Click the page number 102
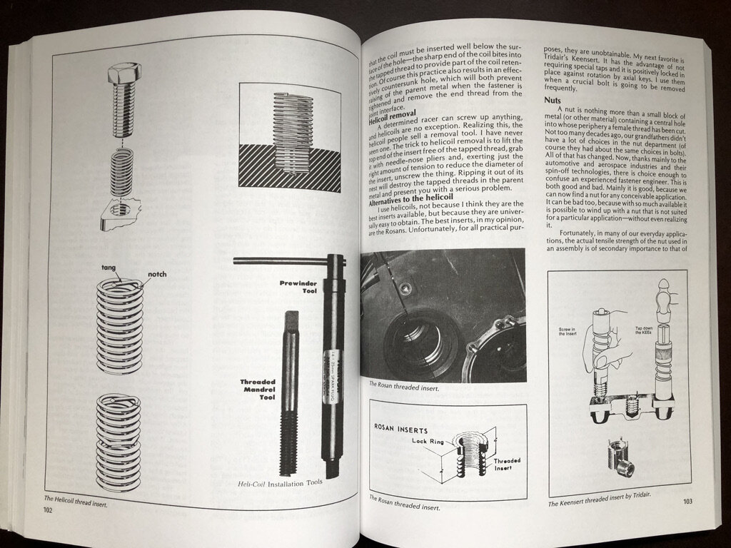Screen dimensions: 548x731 pos(47,509)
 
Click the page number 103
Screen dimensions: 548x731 pos(687,502)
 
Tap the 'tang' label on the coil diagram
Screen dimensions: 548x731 pos(109,268)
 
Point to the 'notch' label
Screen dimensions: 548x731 pos(157,275)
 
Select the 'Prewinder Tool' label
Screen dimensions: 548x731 pos(298,287)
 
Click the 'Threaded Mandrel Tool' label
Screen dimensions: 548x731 pos(258,391)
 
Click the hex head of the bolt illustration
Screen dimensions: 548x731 pos(124,71)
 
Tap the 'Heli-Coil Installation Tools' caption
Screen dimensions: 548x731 pos(280,482)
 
